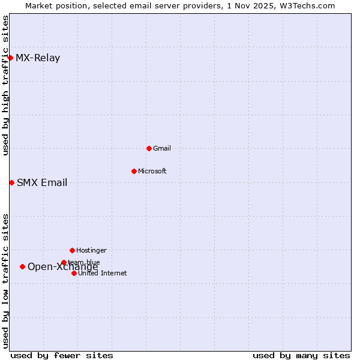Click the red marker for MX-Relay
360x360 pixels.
(x=11, y=58)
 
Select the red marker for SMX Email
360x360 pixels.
(x=11, y=182)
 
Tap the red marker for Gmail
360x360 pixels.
(x=149, y=148)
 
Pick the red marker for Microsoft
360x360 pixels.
(x=134, y=171)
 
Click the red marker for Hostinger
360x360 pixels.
(x=72, y=250)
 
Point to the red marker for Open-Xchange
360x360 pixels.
(x=22, y=266)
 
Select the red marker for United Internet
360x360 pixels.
(x=74, y=273)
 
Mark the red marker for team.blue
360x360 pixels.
(x=64, y=262)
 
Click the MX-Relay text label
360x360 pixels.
(x=38, y=58)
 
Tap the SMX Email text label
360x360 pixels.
(x=42, y=183)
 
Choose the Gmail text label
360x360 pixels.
(x=163, y=148)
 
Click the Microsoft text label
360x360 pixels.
(x=152, y=171)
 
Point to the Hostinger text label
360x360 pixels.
(x=91, y=250)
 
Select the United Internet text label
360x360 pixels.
(x=103, y=273)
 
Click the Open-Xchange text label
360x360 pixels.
(x=63, y=268)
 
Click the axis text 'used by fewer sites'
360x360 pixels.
(x=62, y=355)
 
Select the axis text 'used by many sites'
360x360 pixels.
(x=301, y=355)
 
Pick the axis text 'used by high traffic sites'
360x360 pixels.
(x=5, y=85)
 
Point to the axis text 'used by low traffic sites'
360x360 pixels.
(x=5, y=281)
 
